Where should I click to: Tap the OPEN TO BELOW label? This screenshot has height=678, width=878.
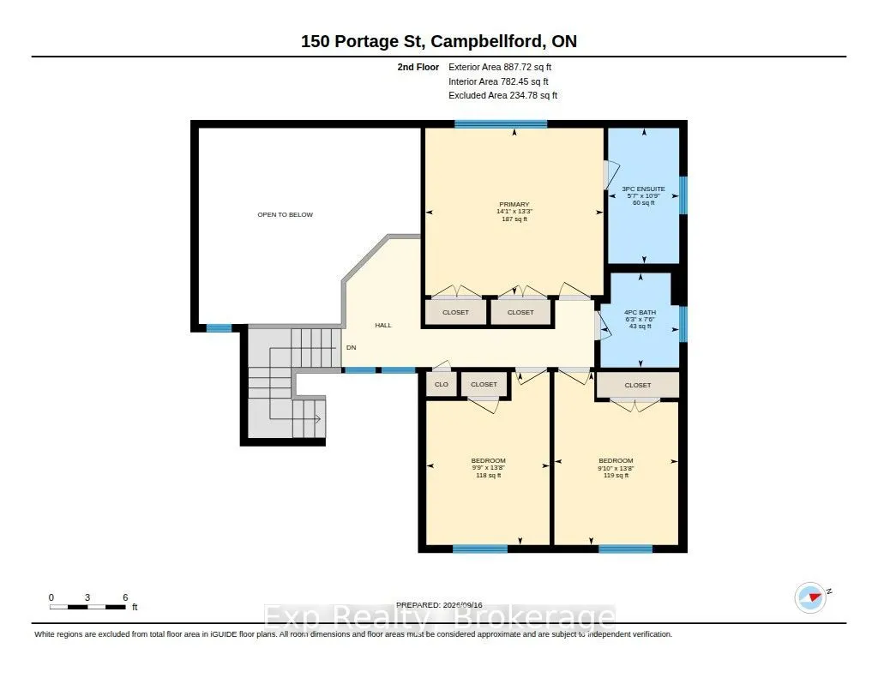(x=285, y=214)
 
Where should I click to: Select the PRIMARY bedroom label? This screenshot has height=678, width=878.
(x=514, y=204)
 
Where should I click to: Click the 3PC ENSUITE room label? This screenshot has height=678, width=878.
(x=643, y=189)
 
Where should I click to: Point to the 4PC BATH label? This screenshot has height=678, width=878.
(x=640, y=312)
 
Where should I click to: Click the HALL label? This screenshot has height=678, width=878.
(x=383, y=325)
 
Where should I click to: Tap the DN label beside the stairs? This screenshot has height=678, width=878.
(x=351, y=348)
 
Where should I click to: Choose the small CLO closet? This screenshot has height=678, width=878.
(x=442, y=384)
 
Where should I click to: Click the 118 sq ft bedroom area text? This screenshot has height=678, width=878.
(x=488, y=476)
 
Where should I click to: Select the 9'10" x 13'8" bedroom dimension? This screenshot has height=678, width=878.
(x=616, y=468)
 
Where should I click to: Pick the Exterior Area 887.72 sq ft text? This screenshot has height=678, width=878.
(x=500, y=67)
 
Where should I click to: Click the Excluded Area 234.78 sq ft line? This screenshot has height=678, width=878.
(x=502, y=96)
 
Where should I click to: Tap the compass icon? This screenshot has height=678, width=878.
(x=810, y=597)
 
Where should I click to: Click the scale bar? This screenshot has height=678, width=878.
(x=87, y=607)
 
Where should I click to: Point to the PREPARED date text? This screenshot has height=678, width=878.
(x=439, y=605)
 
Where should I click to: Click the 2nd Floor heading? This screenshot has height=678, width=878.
(x=418, y=67)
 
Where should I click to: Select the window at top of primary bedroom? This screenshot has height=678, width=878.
(x=501, y=124)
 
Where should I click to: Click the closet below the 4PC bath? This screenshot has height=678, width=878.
(x=637, y=385)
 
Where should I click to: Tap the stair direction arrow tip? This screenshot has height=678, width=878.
(x=321, y=419)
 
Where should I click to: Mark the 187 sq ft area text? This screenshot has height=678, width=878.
(x=514, y=219)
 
